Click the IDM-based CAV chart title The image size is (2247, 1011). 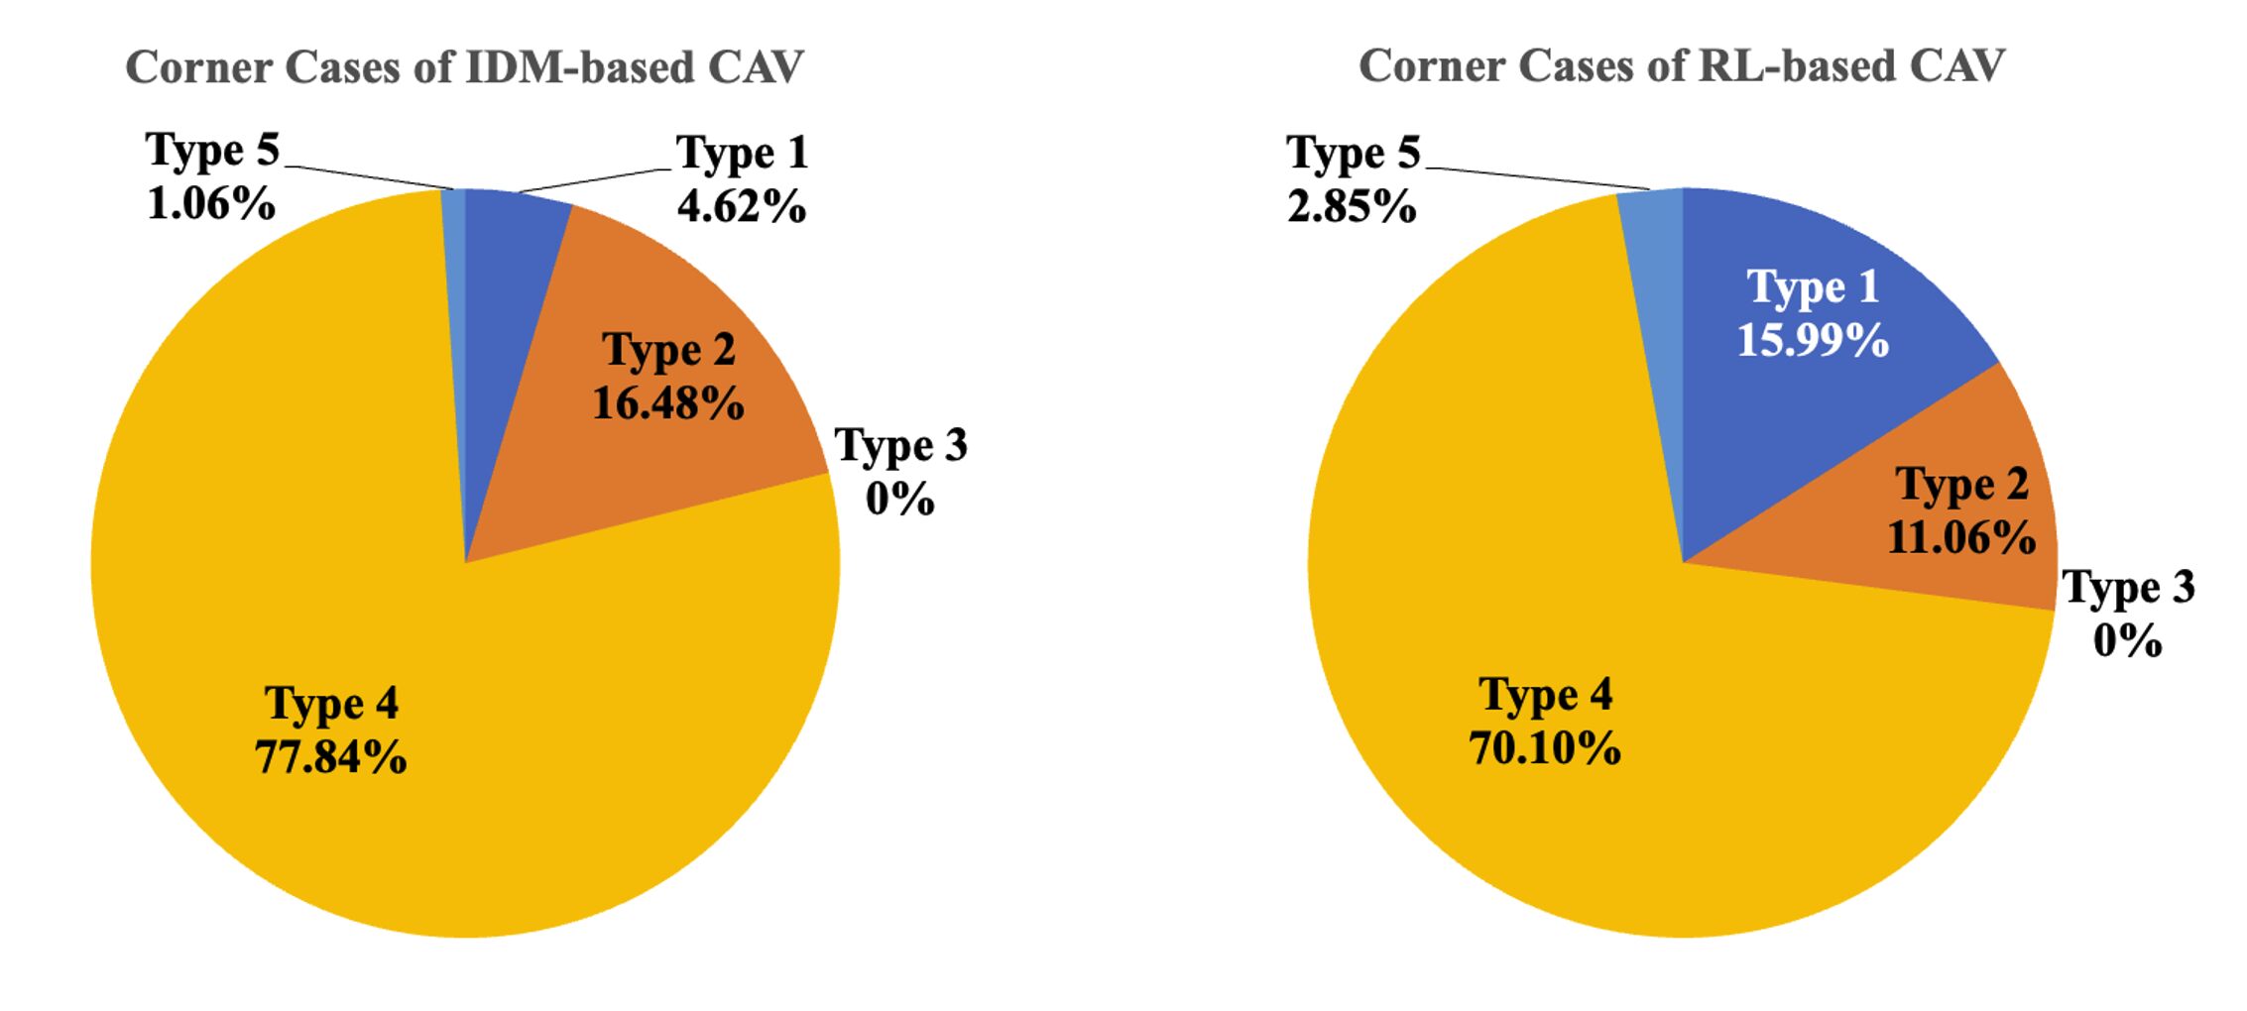coord(464,67)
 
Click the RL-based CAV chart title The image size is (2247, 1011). coord(1681,66)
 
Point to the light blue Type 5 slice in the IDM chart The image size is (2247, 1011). coord(454,248)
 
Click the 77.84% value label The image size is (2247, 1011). coord(331,757)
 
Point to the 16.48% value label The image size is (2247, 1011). coord(668,403)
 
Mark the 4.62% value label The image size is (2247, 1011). coord(742,206)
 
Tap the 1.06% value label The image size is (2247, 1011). coord(211,204)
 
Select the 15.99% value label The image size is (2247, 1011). coord(1813,339)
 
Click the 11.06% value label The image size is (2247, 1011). coord(1961,538)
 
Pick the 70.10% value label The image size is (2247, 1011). coord(1545,747)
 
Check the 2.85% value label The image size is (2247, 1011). coord(1352,206)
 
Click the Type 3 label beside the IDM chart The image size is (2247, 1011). coord(900,446)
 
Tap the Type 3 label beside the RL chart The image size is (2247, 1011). coord(2128,588)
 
